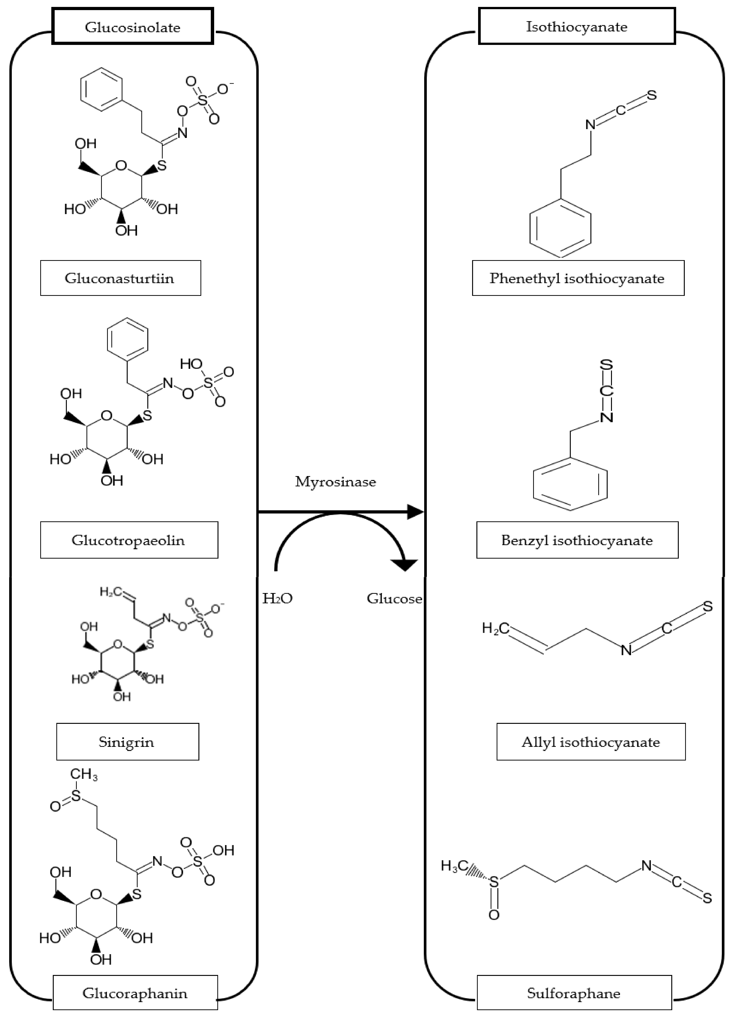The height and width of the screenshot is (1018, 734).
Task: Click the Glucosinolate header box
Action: coord(132,27)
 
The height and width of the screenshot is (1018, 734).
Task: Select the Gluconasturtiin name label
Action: coord(120,278)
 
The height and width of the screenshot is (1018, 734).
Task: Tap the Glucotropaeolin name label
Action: coord(129,540)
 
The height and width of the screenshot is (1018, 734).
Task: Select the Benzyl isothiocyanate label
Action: coord(577,540)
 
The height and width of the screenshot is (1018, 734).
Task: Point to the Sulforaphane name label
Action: coord(574,993)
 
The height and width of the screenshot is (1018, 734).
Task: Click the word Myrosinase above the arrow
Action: coord(335,482)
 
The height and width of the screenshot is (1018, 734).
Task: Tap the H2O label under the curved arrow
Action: coord(277,598)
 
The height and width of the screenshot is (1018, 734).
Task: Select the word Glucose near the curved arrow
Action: coord(394,598)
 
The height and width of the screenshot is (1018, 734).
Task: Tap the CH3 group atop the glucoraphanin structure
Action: coord(83,774)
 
